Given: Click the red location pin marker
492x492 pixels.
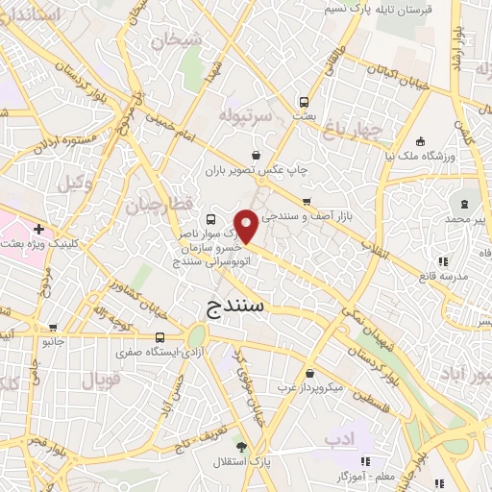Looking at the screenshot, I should [x=247, y=227].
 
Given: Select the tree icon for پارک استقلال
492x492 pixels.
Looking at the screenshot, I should [x=242, y=447].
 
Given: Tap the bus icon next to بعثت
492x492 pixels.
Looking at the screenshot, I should [x=304, y=101].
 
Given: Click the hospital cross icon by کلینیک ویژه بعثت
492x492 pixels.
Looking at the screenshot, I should [x=37, y=230].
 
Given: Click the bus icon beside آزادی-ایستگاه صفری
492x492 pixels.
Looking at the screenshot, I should [x=160, y=337].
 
